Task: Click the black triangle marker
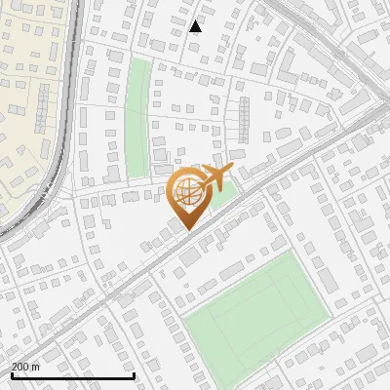click(196, 26)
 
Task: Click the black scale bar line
click(72, 376)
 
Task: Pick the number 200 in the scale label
click(20, 368)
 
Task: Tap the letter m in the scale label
click(36, 368)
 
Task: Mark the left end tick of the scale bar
click(11, 375)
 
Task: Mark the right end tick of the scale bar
click(134, 375)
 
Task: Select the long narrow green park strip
click(137, 117)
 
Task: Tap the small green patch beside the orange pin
click(224, 194)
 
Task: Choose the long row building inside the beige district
click(42, 107)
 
